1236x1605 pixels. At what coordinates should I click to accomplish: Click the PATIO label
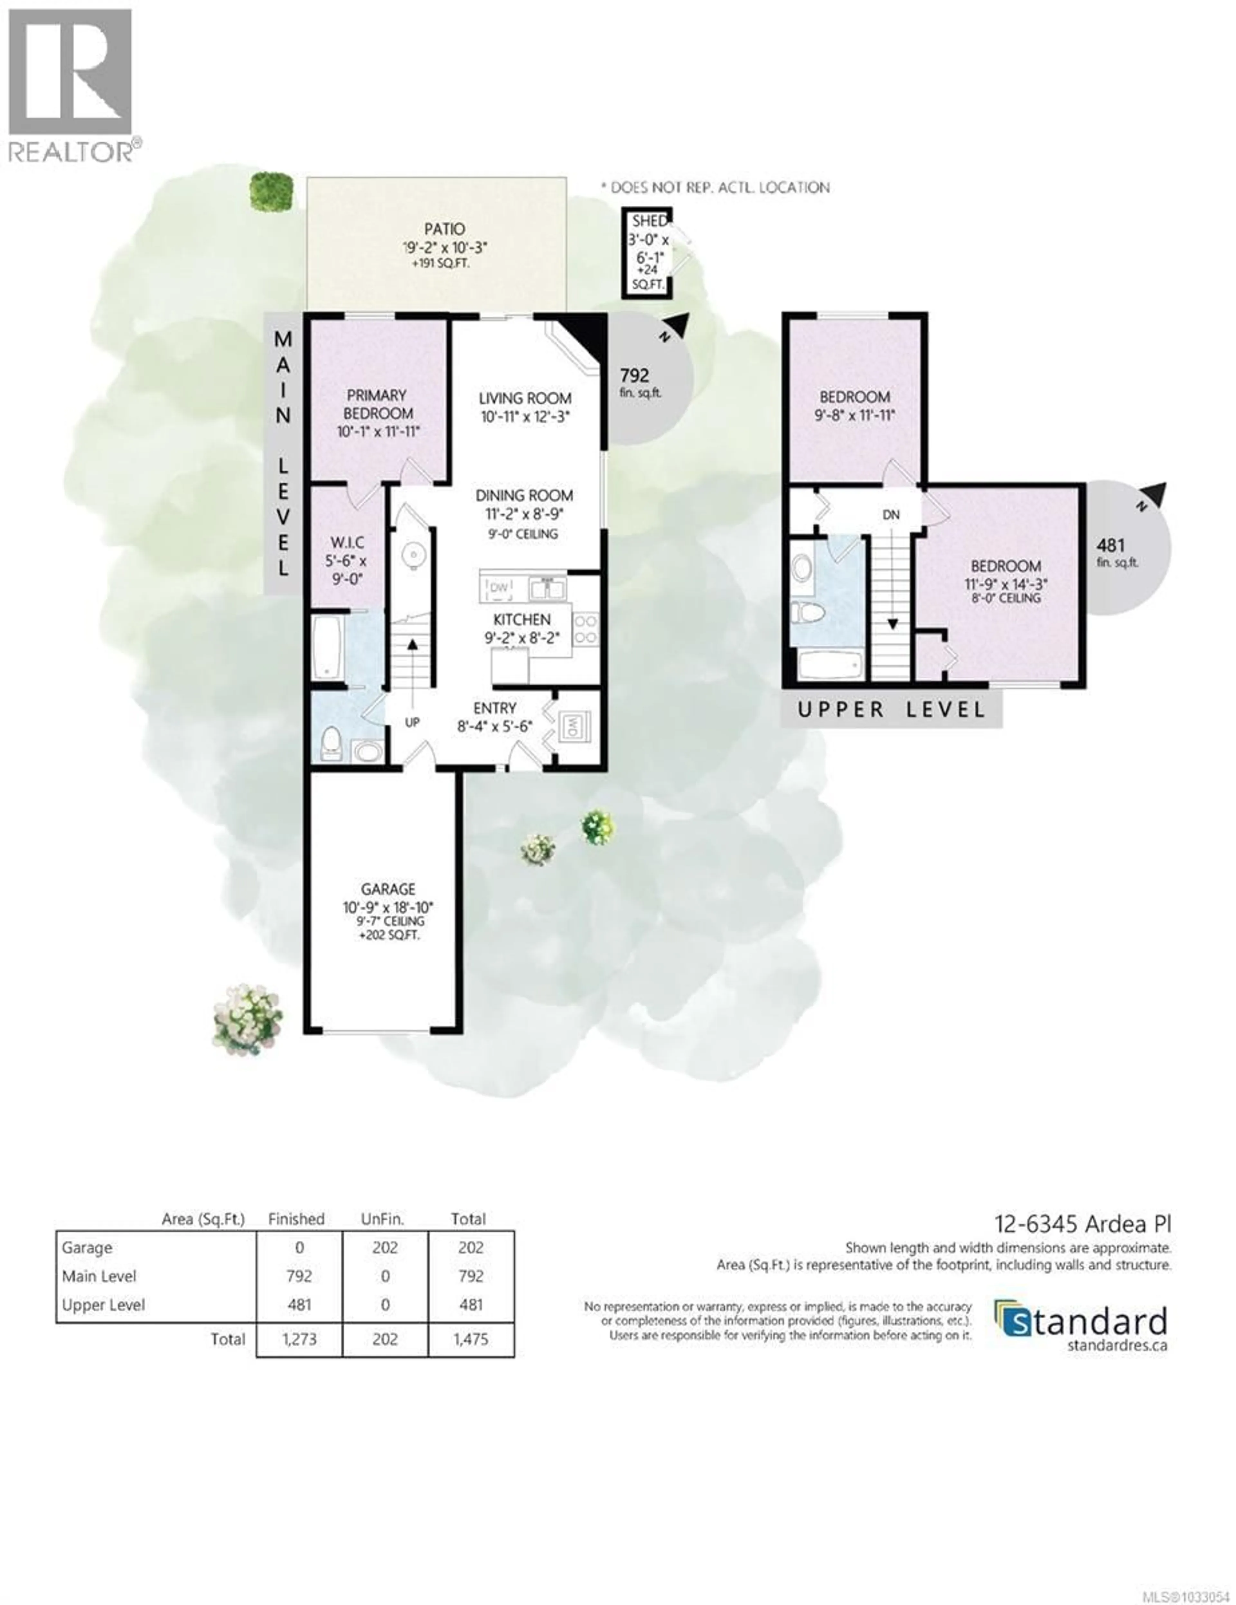pos(444,229)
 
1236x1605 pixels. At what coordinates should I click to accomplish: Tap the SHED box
pos(647,254)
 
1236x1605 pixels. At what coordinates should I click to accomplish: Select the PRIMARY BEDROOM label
pos(377,404)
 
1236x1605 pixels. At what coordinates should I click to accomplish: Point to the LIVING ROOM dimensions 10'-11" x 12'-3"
pos(525,417)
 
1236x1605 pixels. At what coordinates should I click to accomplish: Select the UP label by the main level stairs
pos(412,723)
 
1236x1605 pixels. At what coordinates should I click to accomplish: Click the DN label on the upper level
pos(891,514)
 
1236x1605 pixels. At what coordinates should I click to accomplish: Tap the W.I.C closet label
pos(347,542)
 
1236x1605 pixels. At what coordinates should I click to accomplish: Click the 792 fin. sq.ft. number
pos(634,376)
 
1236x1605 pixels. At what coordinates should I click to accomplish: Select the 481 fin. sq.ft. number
pos(1110,545)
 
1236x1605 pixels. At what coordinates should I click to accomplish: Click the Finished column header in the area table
pos(296,1218)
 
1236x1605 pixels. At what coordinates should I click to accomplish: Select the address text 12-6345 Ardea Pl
pos(1082,1224)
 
